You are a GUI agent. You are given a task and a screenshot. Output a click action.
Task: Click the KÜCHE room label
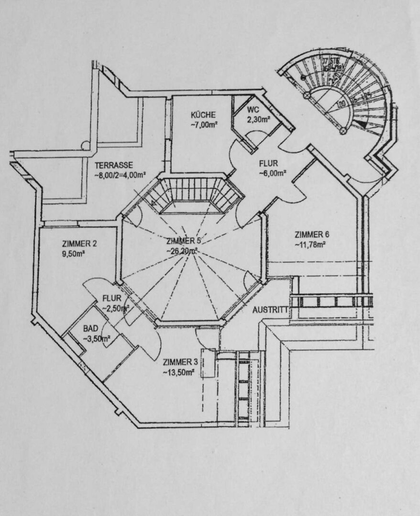coord(203,115)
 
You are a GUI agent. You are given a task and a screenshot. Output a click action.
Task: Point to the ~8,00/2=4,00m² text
coord(120,174)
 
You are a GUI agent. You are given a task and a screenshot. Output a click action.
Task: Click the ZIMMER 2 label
coord(79,244)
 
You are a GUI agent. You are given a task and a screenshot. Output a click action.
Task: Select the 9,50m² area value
coord(73,254)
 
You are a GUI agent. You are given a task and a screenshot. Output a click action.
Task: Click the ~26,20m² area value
coord(182,250)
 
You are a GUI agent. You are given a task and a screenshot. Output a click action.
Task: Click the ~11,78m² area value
coord(310,245)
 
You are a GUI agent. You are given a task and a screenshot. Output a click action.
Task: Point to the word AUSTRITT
coord(271,310)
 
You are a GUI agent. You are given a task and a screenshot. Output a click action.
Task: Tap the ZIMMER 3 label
coord(179,361)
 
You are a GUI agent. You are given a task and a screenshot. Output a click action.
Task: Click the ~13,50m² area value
coord(178,372)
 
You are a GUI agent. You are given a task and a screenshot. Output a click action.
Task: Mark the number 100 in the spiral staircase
coord(341,103)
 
